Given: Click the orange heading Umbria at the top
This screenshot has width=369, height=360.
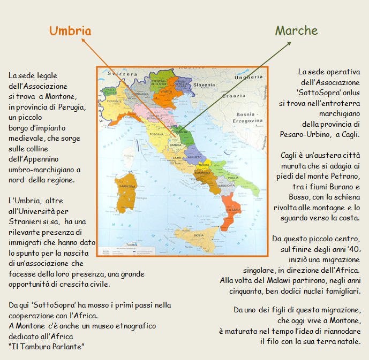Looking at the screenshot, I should pyautogui.click(x=70, y=30).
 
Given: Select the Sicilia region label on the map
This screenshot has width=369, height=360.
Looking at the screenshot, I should pyautogui.click(x=198, y=235).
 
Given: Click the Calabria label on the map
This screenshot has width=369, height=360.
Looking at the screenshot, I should pyautogui.click(x=234, y=210).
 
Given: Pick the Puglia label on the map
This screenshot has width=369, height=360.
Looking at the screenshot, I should pyautogui.click(x=233, y=177).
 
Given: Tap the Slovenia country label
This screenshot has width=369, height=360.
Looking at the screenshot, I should pyautogui.click(x=204, y=85).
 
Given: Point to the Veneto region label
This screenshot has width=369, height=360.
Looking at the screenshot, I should pyautogui.click(x=167, y=91).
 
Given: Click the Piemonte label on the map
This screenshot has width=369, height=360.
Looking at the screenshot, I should pyautogui.click(x=115, y=101).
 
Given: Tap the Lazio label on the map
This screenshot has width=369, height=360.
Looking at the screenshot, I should pyautogui.click(x=177, y=158).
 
